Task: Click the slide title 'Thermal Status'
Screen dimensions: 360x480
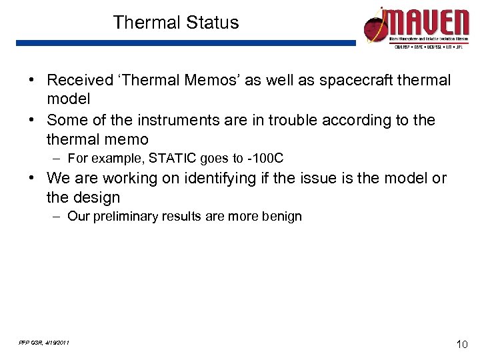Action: [x=176, y=23]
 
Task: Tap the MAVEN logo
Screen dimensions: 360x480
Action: [x=417, y=27]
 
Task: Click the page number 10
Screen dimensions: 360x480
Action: [x=461, y=344]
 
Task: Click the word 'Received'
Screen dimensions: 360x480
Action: [x=80, y=81]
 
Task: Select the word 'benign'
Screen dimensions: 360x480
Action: [x=283, y=217]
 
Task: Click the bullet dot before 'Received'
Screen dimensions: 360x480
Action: [x=32, y=81]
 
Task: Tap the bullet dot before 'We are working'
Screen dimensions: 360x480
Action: [x=32, y=179]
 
